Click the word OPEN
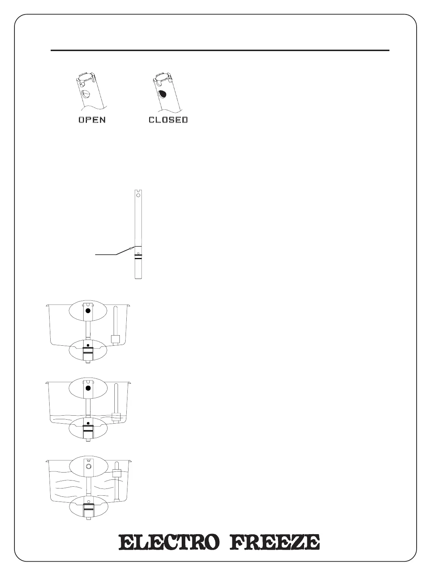tap(92, 120)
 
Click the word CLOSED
tap(168, 120)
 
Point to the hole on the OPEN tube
tap(86, 94)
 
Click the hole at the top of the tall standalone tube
tap(138, 194)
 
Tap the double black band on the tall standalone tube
tap(138, 257)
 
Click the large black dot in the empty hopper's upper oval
tap(88, 311)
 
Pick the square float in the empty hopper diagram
tap(115, 339)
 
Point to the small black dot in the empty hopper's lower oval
tap(88, 345)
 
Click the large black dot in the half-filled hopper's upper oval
tap(88, 388)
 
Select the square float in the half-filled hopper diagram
tap(115, 417)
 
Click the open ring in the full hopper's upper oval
tap(88, 466)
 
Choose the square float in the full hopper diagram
tap(117, 473)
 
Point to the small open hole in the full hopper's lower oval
tap(88, 501)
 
